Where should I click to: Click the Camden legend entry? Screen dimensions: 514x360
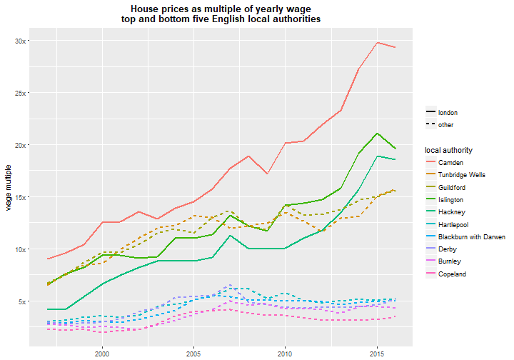(450, 163)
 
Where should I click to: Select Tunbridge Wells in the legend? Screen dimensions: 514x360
(462, 175)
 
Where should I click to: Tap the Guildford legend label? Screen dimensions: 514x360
(452, 188)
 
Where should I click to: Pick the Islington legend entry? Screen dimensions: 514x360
(450, 200)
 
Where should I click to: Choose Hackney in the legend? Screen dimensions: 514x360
(452, 212)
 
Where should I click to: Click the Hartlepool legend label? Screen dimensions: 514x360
(453, 224)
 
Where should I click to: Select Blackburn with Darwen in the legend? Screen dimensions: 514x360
(472, 236)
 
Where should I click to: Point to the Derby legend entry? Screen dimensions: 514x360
(448, 249)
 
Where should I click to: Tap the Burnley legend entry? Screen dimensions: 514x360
(450, 261)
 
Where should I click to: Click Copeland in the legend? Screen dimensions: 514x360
(452, 274)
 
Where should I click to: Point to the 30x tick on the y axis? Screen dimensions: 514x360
(20, 41)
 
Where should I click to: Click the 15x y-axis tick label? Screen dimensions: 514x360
(20, 197)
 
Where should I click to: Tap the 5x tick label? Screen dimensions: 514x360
(22, 301)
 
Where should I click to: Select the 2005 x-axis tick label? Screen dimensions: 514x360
(193, 354)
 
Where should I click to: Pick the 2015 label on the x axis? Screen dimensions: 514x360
(377, 354)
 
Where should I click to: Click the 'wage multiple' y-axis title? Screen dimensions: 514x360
(9, 188)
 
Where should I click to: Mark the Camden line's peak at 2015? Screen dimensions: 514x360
(378, 43)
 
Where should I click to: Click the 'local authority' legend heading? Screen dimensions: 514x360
(449, 150)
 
